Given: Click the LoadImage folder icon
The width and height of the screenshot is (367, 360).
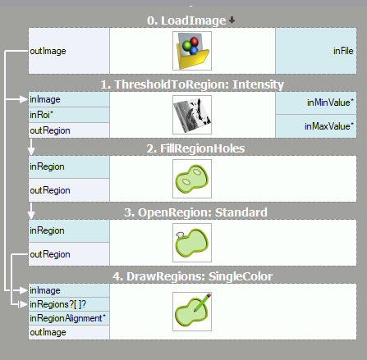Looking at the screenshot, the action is (192, 51).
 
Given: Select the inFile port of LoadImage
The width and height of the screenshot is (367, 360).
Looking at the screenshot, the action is (316, 51).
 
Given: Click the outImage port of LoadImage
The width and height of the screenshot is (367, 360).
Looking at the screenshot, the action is (69, 51).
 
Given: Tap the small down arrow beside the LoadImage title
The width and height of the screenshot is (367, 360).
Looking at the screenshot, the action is (232, 20).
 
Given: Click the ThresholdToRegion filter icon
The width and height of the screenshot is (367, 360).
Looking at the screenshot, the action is (192, 115).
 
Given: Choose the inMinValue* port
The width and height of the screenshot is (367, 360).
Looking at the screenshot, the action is (316, 103).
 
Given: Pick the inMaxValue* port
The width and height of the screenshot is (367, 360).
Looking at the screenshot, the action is (316, 126).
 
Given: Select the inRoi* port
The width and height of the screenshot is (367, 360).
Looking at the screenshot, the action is (69, 115).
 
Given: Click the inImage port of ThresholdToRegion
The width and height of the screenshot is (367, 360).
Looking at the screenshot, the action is (69, 99).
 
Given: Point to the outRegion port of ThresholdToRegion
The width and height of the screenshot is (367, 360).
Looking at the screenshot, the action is (69, 130).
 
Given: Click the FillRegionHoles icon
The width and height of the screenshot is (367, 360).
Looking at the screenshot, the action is (192, 179).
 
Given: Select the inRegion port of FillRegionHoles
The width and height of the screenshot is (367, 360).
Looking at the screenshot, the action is (69, 166).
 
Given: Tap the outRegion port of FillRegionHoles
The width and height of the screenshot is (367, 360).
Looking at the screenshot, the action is (69, 190).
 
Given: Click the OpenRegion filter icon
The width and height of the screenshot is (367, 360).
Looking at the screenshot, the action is (192, 243).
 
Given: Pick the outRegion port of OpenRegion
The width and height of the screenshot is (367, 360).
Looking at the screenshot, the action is (69, 254).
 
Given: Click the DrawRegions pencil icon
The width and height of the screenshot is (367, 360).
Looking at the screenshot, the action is (192, 312).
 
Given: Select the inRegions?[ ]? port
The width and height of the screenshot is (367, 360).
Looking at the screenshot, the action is (69, 304).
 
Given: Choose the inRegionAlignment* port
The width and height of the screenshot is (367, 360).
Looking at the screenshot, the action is (69, 318).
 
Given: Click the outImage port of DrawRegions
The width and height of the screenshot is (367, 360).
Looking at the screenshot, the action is (69, 332).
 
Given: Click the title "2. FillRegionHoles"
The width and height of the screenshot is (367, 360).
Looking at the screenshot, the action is (195, 148).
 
